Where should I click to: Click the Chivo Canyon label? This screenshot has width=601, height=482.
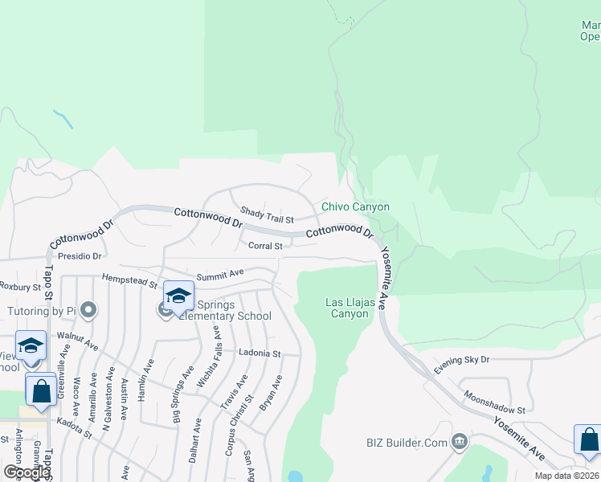tap(355, 206)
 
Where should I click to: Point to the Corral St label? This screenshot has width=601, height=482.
tap(265, 246)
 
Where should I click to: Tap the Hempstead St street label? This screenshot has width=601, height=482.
tap(129, 280)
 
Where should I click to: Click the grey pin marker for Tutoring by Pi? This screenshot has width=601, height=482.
tap(88, 309)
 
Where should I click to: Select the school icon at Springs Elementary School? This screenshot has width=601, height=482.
tap(178, 296)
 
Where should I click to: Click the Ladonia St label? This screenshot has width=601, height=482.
tap(259, 353)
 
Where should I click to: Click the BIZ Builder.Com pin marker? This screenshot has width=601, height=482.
tap(459, 440)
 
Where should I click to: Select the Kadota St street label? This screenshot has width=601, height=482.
tap(74, 427)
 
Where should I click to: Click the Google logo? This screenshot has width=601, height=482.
tap(26, 472)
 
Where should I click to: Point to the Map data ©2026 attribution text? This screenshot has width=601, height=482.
tap(567, 476)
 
